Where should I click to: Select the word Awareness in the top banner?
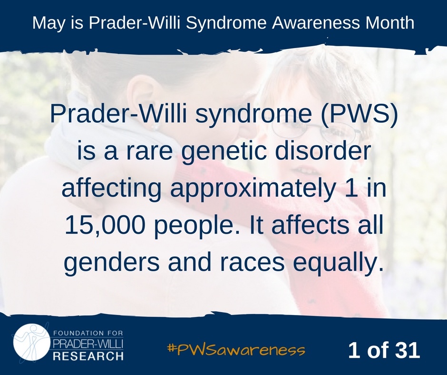(315, 23)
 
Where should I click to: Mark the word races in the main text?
(255, 263)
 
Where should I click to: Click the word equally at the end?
(337, 263)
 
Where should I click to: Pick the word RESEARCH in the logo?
(88, 356)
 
